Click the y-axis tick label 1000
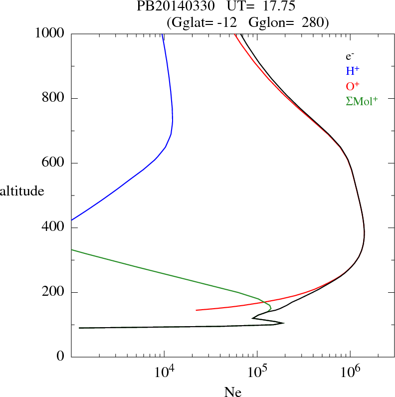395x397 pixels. point(50,33)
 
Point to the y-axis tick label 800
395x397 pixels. point(54,98)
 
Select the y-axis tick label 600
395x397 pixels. point(54,163)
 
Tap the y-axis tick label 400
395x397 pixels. point(54,228)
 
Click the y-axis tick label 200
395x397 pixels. point(54,292)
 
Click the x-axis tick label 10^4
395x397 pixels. point(163,373)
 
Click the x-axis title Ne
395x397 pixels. point(232,392)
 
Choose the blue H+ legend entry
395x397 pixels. point(354,71)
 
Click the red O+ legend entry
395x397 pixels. point(354,86)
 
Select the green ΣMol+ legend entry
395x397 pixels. point(362,101)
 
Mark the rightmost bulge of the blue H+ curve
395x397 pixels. point(173,120)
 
